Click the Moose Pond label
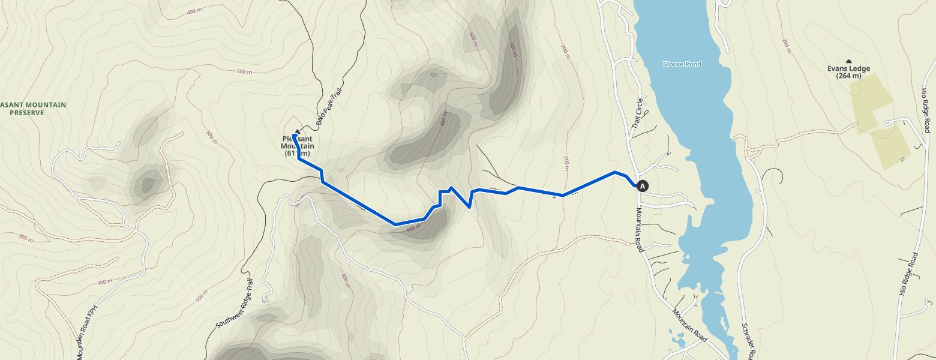click(x=682, y=64)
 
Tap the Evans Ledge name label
click(x=848, y=68)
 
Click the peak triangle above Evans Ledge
click(x=848, y=61)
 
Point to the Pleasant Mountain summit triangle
click(x=296, y=131)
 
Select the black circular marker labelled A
click(x=643, y=186)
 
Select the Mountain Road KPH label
click(x=86, y=329)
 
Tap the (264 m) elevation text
click(x=848, y=76)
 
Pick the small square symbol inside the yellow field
click(x=902, y=159)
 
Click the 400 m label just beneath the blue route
click(x=413, y=229)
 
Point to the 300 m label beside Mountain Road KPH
click(x=25, y=238)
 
